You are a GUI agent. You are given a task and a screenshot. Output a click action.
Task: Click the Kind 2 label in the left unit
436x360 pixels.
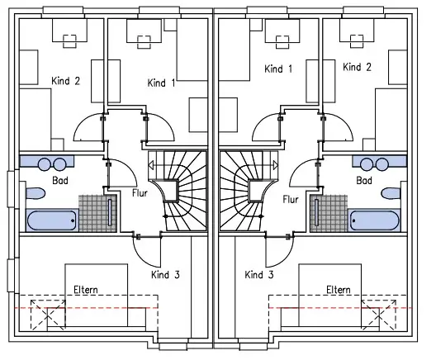click(65, 81)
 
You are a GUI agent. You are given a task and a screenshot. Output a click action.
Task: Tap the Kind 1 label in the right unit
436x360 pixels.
click(278, 69)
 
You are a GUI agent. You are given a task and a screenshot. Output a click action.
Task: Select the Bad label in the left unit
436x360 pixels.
click(60, 181)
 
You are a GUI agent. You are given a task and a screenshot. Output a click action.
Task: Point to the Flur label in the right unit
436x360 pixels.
click(291, 199)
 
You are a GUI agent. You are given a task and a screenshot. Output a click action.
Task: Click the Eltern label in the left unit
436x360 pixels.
click(86, 290)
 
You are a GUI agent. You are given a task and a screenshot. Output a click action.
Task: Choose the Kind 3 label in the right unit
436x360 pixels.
click(259, 275)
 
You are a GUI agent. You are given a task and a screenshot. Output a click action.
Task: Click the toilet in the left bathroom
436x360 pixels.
click(36, 193)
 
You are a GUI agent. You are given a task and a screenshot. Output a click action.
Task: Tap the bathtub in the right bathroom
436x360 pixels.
click(375, 220)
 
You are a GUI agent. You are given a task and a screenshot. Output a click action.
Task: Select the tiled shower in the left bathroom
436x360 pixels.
click(98, 214)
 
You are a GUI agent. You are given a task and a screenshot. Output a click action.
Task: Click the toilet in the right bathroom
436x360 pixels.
click(391, 193)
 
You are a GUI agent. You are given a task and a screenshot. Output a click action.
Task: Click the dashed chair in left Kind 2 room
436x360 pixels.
click(69, 41)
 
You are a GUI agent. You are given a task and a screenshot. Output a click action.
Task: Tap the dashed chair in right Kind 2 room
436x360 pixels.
click(357, 41)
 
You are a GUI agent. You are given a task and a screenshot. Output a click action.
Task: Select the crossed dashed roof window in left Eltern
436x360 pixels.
click(48, 315)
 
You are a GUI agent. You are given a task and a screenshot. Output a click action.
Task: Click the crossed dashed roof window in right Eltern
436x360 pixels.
click(379, 315)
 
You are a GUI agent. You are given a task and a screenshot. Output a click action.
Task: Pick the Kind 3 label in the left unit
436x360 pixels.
click(165, 275)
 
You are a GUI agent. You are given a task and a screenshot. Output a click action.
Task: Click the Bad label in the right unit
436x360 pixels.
click(364, 181)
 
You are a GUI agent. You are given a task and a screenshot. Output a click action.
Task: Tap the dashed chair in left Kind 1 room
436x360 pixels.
click(144, 42)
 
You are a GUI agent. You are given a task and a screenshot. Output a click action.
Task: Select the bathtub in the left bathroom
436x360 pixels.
click(52, 220)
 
